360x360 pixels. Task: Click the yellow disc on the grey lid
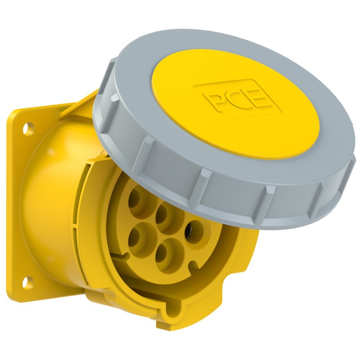coord(235,103)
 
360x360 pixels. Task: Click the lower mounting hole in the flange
coord(28,282)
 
